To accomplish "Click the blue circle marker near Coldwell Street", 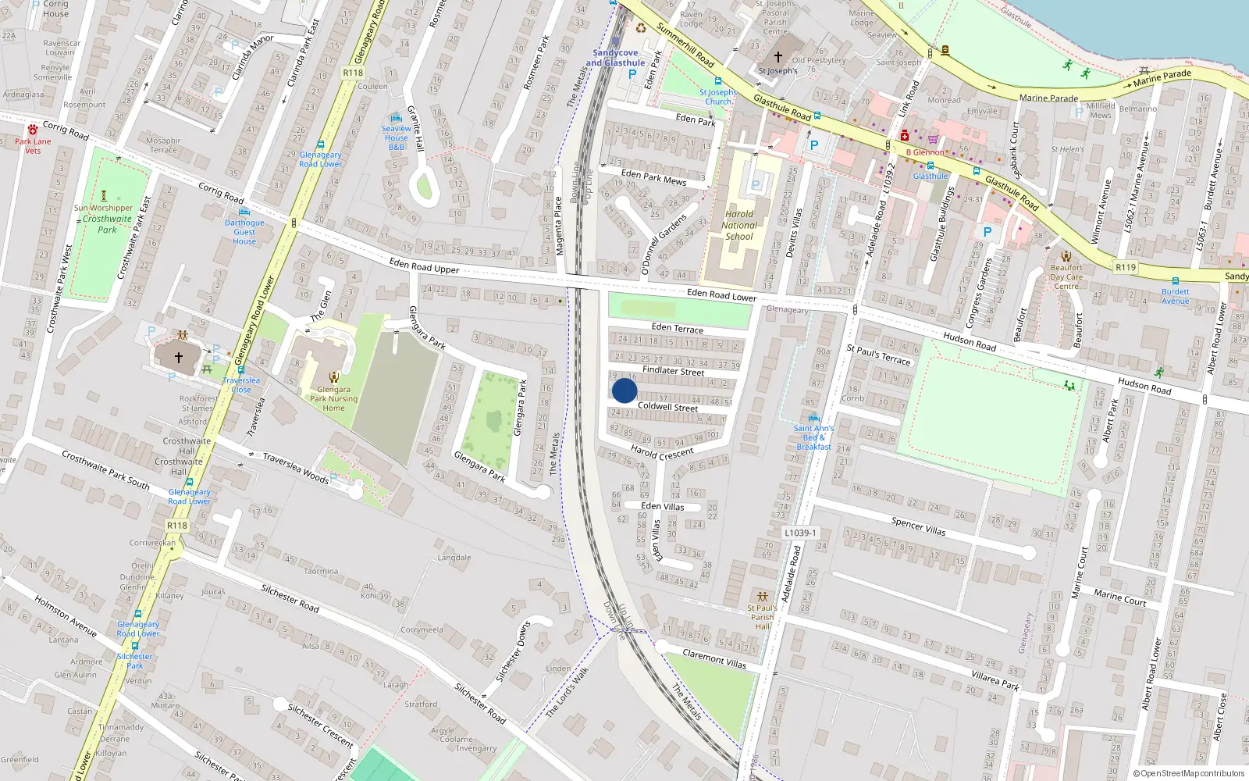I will pyautogui.click(x=624, y=390).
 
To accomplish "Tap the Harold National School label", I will pyautogui.click(x=739, y=225).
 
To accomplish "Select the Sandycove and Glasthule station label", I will pyautogui.click(x=615, y=58).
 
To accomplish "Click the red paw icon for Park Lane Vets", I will pyautogui.click(x=33, y=130).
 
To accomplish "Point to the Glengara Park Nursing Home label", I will pyautogui.click(x=333, y=398).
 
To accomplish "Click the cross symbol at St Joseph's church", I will pyautogui.click(x=778, y=57).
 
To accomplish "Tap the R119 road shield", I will pyautogui.click(x=1125, y=267).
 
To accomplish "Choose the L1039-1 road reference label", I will pyautogui.click(x=800, y=533).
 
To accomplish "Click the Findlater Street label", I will pyautogui.click(x=673, y=371).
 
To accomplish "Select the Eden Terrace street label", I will pyautogui.click(x=677, y=328).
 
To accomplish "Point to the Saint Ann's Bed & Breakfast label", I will pyautogui.click(x=813, y=437).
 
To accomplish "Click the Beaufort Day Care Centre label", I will pyautogui.click(x=1066, y=276).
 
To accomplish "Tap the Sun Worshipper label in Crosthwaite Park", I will pyautogui.click(x=103, y=208).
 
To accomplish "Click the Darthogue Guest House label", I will pyautogui.click(x=244, y=232).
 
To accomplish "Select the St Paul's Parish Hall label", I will pyautogui.click(x=762, y=617).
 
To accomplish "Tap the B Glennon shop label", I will pyautogui.click(x=925, y=152).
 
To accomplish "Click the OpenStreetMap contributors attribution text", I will pyautogui.click(x=1189, y=773).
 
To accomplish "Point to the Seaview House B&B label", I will pyautogui.click(x=396, y=137).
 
